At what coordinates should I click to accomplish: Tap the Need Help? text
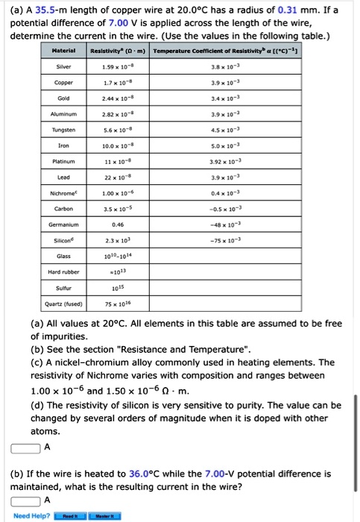[31, 515]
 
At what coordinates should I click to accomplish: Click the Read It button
[72, 515]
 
